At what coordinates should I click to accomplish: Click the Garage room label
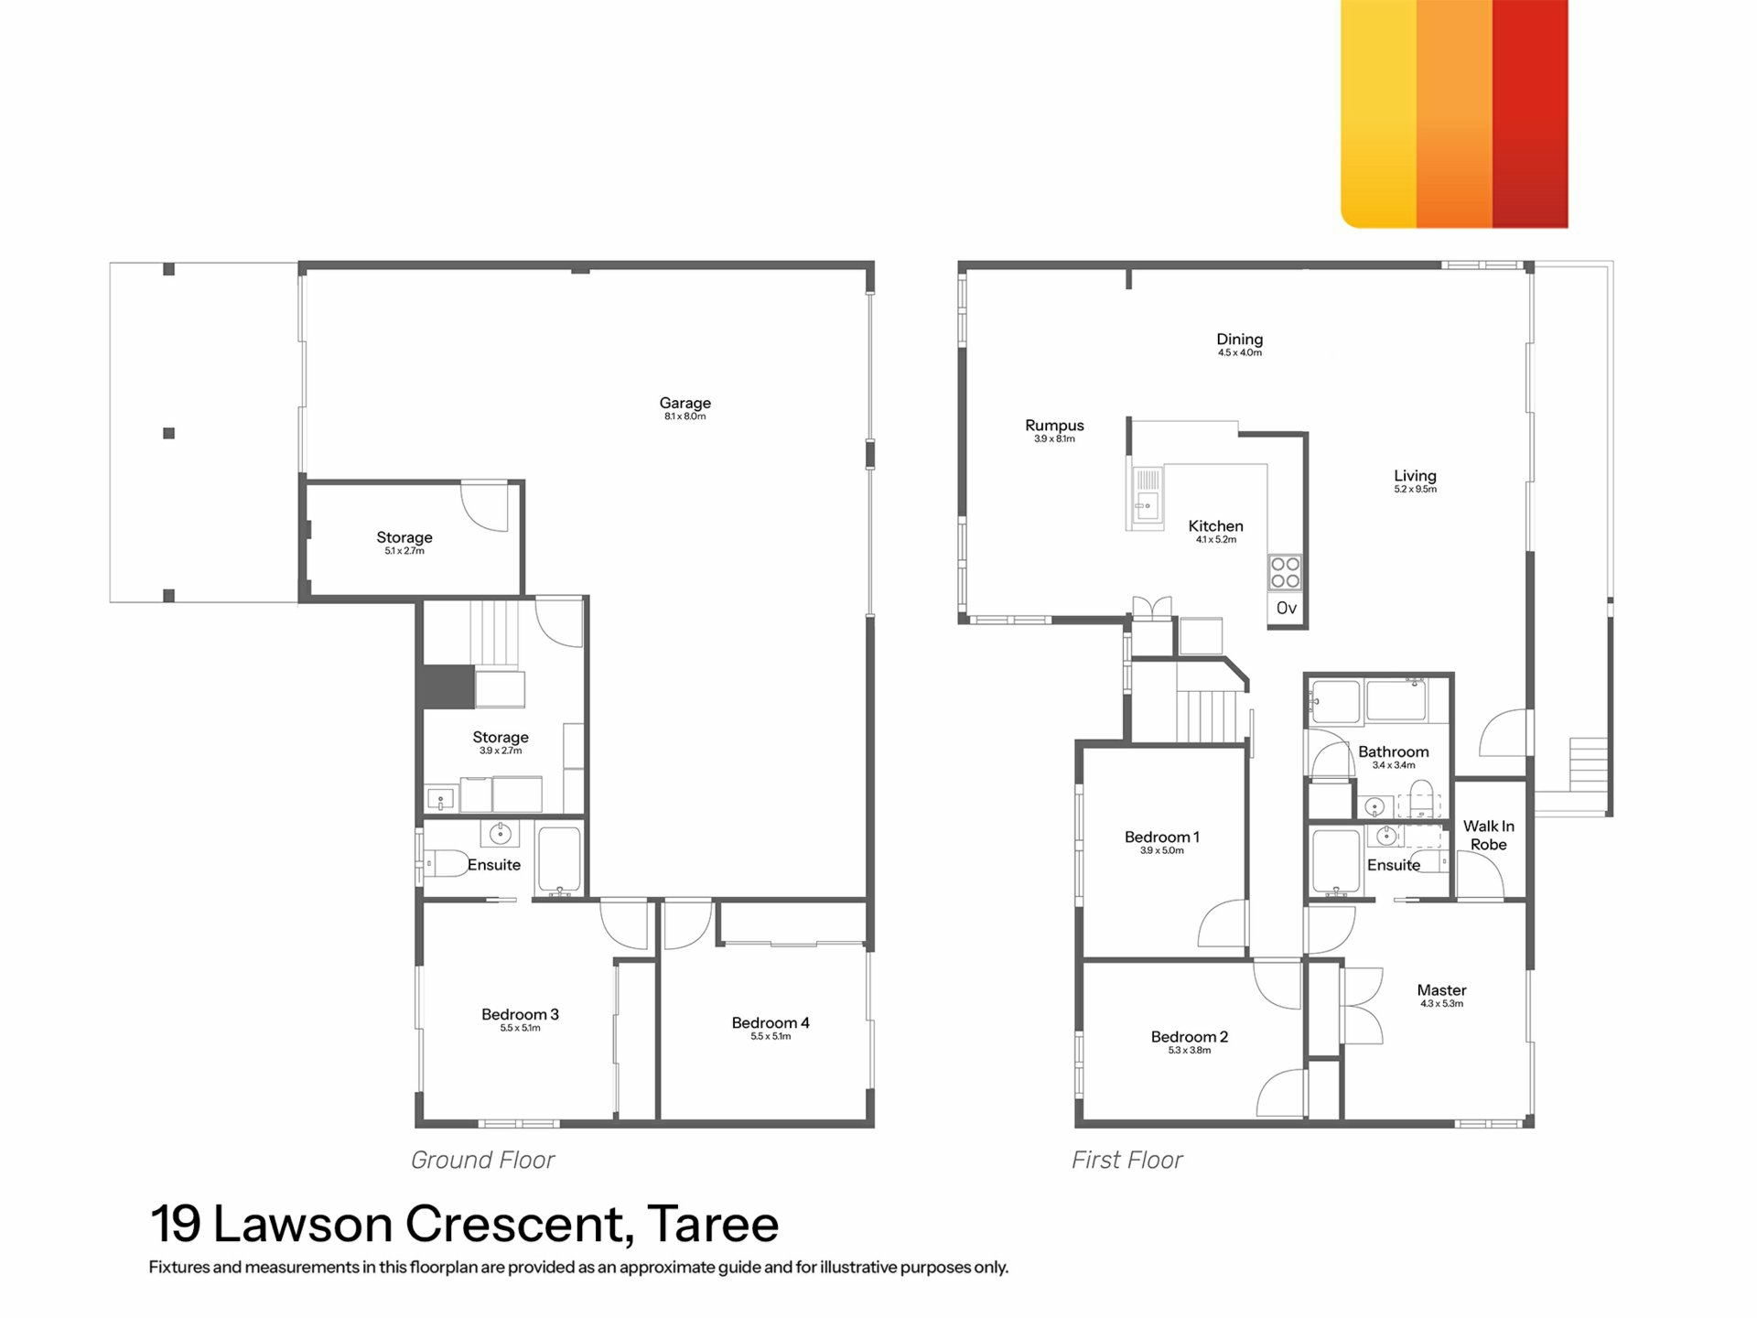click(x=684, y=403)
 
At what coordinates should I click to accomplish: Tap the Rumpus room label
click(x=1054, y=426)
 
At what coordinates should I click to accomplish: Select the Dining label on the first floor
click(x=1239, y=340)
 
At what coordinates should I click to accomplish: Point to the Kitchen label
click(x=1215, y=526)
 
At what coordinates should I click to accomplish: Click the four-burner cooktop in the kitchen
click(x=1285, y=573)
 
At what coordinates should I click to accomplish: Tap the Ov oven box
click(x=1287, y=609)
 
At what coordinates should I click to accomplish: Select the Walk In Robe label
click(x=1488, y=836)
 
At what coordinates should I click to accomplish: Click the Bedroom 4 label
click(x=771, y=1023)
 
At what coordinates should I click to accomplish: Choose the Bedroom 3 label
click(x=520, y=1014)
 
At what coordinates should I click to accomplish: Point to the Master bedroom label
click(x=1441, y=990)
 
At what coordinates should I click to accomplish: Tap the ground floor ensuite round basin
click(x=500, y=834)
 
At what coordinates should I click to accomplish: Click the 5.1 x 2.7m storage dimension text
click(x=404, y=551)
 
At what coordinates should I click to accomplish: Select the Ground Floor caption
click(x=482, y=1161)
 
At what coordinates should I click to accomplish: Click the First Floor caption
click(x=1126, y=1161)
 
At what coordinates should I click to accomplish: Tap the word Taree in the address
click(x=713, y=1224)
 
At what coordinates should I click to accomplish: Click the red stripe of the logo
click(x=1530, y=113)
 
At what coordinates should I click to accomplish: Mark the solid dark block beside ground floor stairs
click(x=447, y=686)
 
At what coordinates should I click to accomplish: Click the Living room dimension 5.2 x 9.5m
click(x=1415, y=490)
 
